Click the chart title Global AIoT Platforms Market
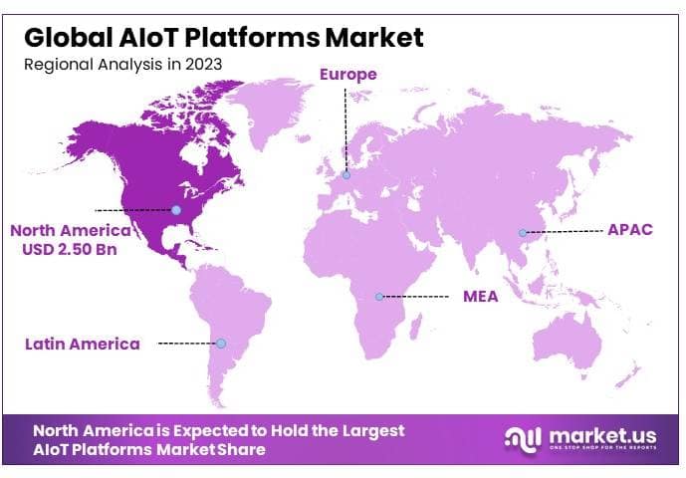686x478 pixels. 223,38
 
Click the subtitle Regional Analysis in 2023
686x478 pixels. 122,64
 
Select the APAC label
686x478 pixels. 629,230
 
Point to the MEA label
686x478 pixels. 482,297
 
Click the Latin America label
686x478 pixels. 83,344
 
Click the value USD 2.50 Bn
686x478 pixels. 70,249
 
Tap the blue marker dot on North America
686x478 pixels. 176,210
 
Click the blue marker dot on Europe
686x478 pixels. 346,175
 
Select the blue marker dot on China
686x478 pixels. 522,233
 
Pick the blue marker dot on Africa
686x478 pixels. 379,297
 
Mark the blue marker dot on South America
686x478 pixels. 221,344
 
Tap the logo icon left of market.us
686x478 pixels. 523,438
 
